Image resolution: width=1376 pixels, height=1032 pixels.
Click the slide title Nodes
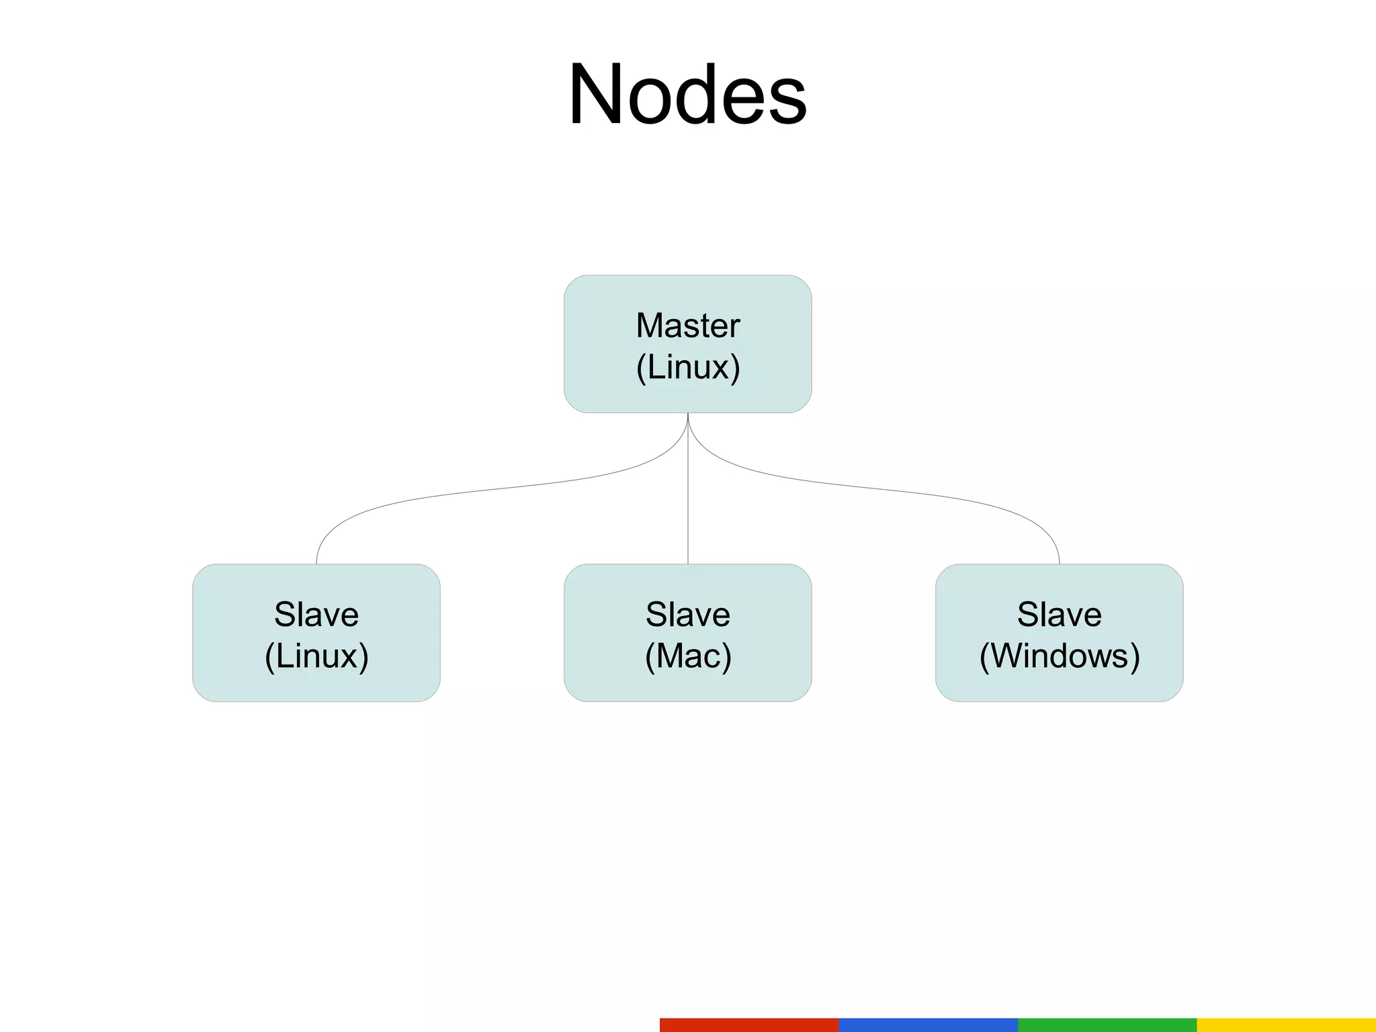(x=687, y=95)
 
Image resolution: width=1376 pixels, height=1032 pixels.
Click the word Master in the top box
(x=687, y=326)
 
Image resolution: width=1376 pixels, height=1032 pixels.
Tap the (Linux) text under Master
(x=687, y=368)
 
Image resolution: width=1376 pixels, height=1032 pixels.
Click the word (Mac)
(x=687, y=656)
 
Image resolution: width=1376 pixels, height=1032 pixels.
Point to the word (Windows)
(x=1059, y=656)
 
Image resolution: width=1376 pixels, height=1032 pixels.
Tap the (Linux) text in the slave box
(x=316, y=656)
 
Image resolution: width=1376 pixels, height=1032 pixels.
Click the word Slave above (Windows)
(x=1059, y=614)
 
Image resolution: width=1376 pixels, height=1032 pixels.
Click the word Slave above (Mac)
(x=687, y=614)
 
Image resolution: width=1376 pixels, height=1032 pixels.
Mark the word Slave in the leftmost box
(x=316, y=614)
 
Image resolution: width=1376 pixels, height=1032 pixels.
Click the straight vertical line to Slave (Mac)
(x=688, y=511)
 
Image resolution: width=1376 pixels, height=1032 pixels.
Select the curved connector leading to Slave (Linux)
(x=470, y=492)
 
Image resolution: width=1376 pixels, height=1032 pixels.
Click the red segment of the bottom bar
(x=749, y=1025)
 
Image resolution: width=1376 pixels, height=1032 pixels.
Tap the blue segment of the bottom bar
(x=928, y=1025)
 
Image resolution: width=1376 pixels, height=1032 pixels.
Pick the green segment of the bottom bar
(x=1107, y=1025)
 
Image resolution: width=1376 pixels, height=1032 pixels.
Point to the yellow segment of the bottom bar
(x=1286, y=1025)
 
